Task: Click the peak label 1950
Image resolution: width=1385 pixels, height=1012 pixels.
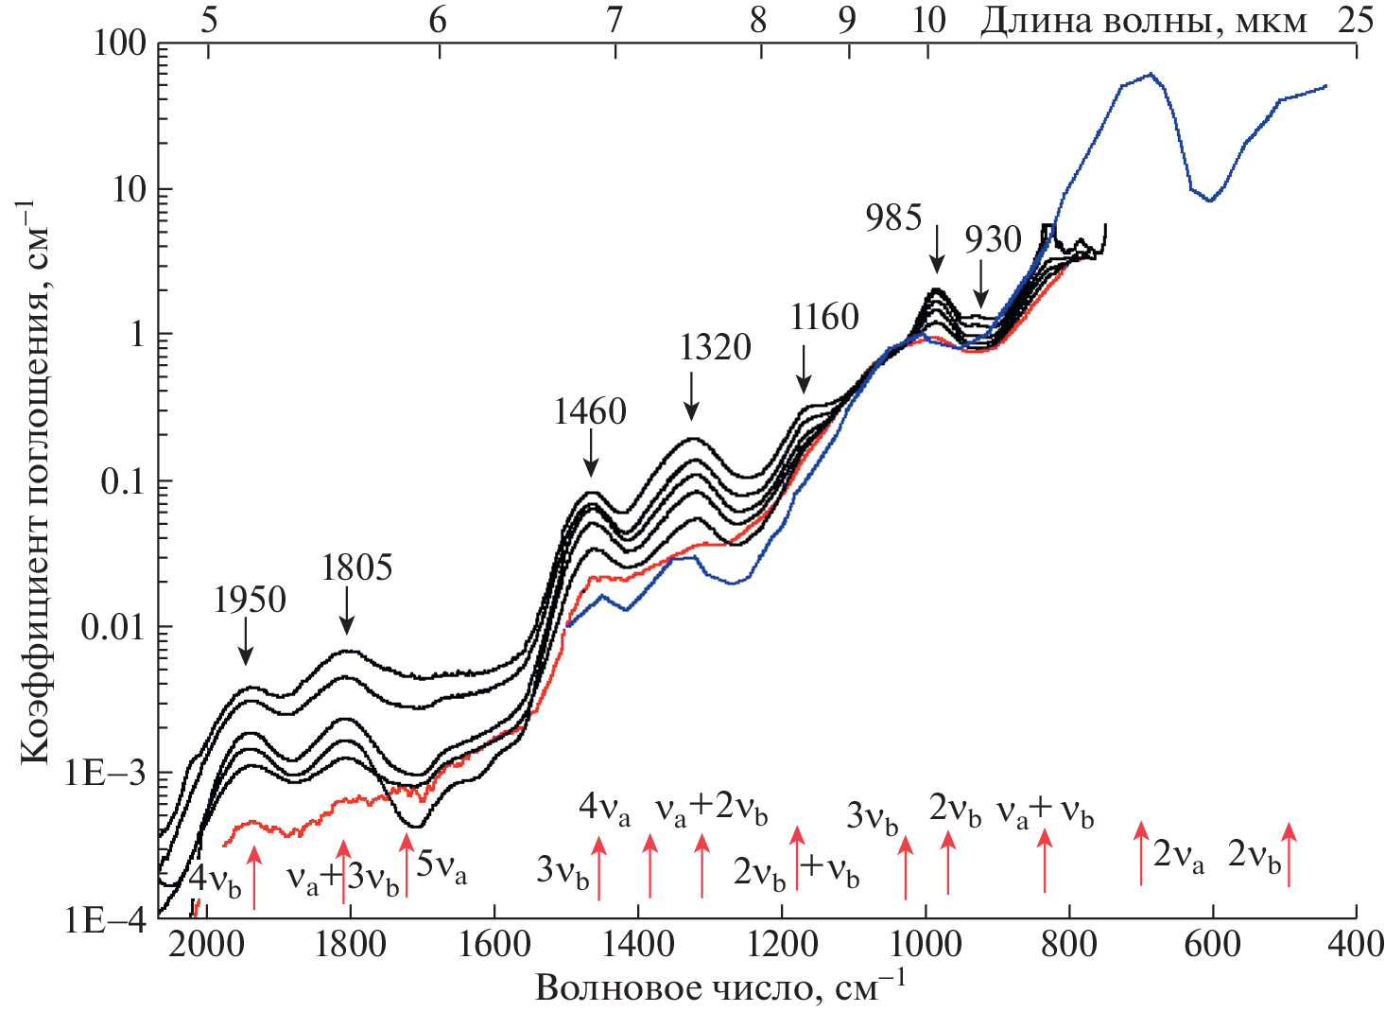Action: pyautogui.click(x=250, y=600)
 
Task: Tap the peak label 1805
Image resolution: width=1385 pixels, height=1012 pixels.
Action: pyautogui.click(x=356, y=567)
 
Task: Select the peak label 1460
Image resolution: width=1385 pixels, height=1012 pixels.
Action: pyautogui.click(x=590, y=411)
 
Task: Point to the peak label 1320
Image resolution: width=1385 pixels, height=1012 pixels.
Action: pyautogui.click(x=715, y=347)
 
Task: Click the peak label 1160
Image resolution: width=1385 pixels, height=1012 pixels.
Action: pyautogui.click(x=824, y=317)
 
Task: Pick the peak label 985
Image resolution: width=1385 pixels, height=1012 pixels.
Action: pyautogui.click(x=893, y=218)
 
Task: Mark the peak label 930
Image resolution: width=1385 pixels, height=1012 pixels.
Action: pyautogui.click(x=993, y=240)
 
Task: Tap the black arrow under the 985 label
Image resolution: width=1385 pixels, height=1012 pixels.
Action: pyautogui.click(x=937, y=250)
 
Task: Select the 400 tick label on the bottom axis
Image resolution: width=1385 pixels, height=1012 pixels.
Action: pyautogui.click(x=1356, y=944)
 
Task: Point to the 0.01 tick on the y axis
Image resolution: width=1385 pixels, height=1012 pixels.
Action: pyautogui.click(x=113, y=627)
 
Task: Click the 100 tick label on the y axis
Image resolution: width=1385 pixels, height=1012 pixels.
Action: pyautogui.click(x=119, y=44)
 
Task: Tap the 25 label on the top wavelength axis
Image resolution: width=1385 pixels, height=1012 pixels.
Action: pyautogui.click(x=1355, y=20)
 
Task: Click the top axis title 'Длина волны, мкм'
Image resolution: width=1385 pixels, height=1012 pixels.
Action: pyautogui.click(x=1143, y=20)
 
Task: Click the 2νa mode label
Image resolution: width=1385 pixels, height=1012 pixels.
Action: pyautogui.click(x=1178, y=856)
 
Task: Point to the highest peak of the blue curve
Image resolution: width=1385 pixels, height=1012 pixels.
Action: pyautogui.click(x=1151, y=74)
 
